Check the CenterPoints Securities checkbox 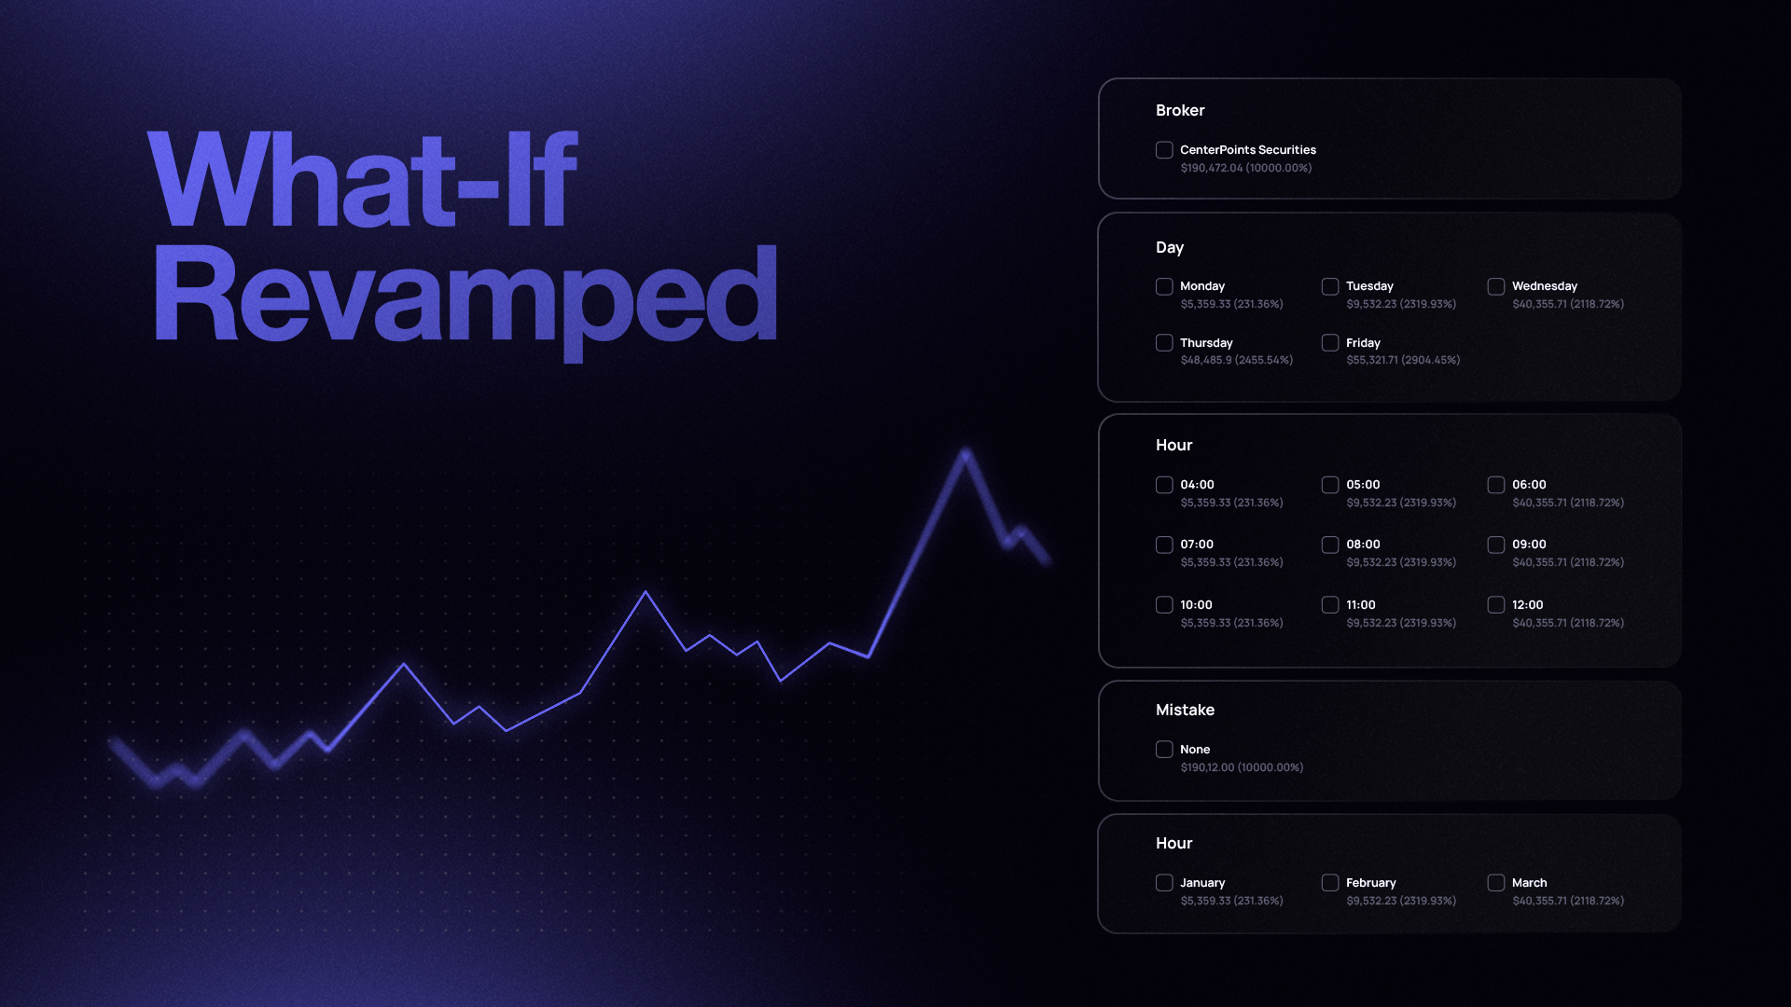coord(1164,150)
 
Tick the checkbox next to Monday coord(1164,286)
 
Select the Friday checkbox coord(1330,343)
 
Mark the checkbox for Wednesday coord(1496,286)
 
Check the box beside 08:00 coord(1330,545)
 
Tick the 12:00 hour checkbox coord(1496,605)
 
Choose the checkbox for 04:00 coord(1164,485)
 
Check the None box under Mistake coord(1164,750)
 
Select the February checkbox coord(1330,883)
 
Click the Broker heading coord(1180,110)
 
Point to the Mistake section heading coord(1185,710)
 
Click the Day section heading coord(1170,247)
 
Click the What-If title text coord(363,179)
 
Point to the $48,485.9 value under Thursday coord(1206,360)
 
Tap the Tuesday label coord(1369,286)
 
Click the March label coord(1529,883)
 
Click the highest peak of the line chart coord(965,453)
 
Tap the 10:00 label coord(1196,605)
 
